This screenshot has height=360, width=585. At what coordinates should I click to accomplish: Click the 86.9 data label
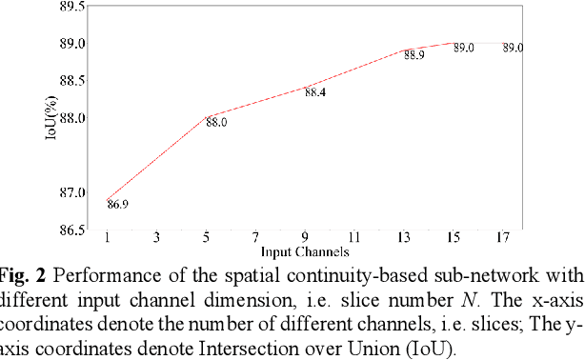(x=118, y=204)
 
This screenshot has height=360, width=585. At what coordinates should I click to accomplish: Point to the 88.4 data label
(x=315, y=92)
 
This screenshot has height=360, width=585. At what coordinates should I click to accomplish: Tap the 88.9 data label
(x=414, y=55)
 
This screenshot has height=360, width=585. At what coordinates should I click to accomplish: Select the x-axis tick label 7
(x=255, y=236)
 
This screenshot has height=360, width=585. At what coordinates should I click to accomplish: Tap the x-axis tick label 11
(x=353, y=236)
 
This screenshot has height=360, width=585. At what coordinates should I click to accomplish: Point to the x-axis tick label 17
(x=502, y=236)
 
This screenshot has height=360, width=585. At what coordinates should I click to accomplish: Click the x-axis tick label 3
(x=156, y=236)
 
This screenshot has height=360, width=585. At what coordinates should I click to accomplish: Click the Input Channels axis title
(x=304, y=251)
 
